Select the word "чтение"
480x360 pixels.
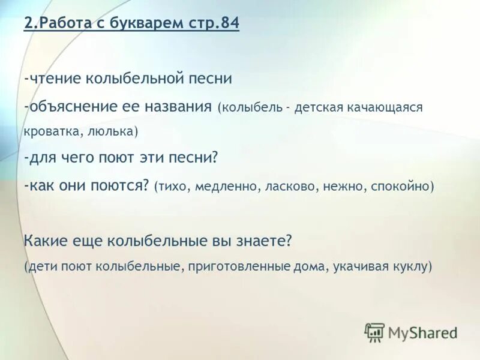[x=53, y=79]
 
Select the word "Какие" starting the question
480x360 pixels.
[x=43, y=241]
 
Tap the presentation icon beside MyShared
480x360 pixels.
[x=375, y=332]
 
